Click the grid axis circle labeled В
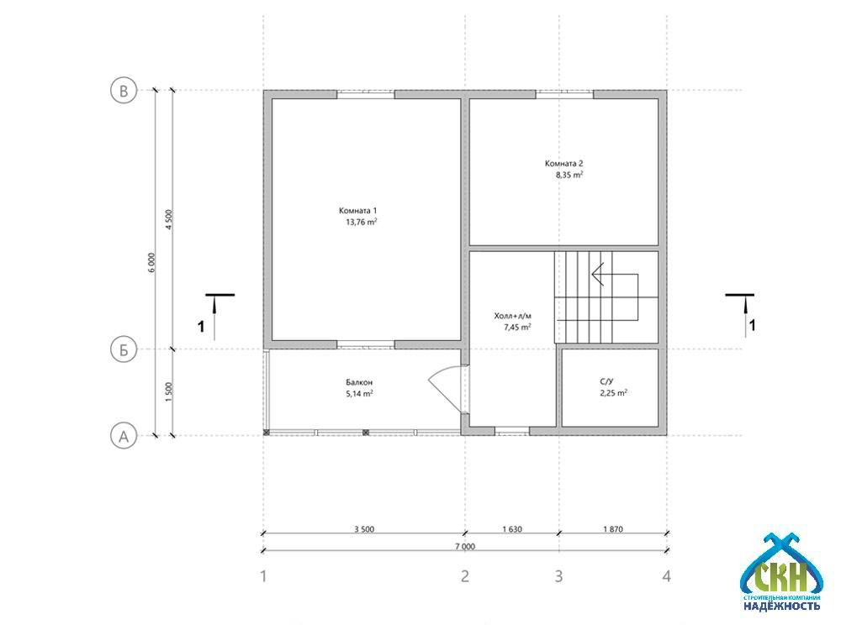click(x=124, y=91)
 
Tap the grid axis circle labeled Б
click(x=124, y=349)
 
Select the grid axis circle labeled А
click(x=124, y=435)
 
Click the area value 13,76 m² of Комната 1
click(x=362, y=222)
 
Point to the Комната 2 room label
click(x=563, y=164)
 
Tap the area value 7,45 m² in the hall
click(x=517, y=327)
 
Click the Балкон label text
click(x=359, y=382)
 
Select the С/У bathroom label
click(x=606, y=381)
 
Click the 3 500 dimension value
click(x=364, y=529)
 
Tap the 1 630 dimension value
click(x=512, y=529)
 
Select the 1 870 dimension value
click(x=613, y=529)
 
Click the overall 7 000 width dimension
click(x=465, y=547)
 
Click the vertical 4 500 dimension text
click(x=169, y=219)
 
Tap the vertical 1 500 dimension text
click(x=169, y=392)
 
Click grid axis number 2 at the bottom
click(x=465, y=576)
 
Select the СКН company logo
click(x=781, y=573)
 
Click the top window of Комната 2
click(x=565, y=94)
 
